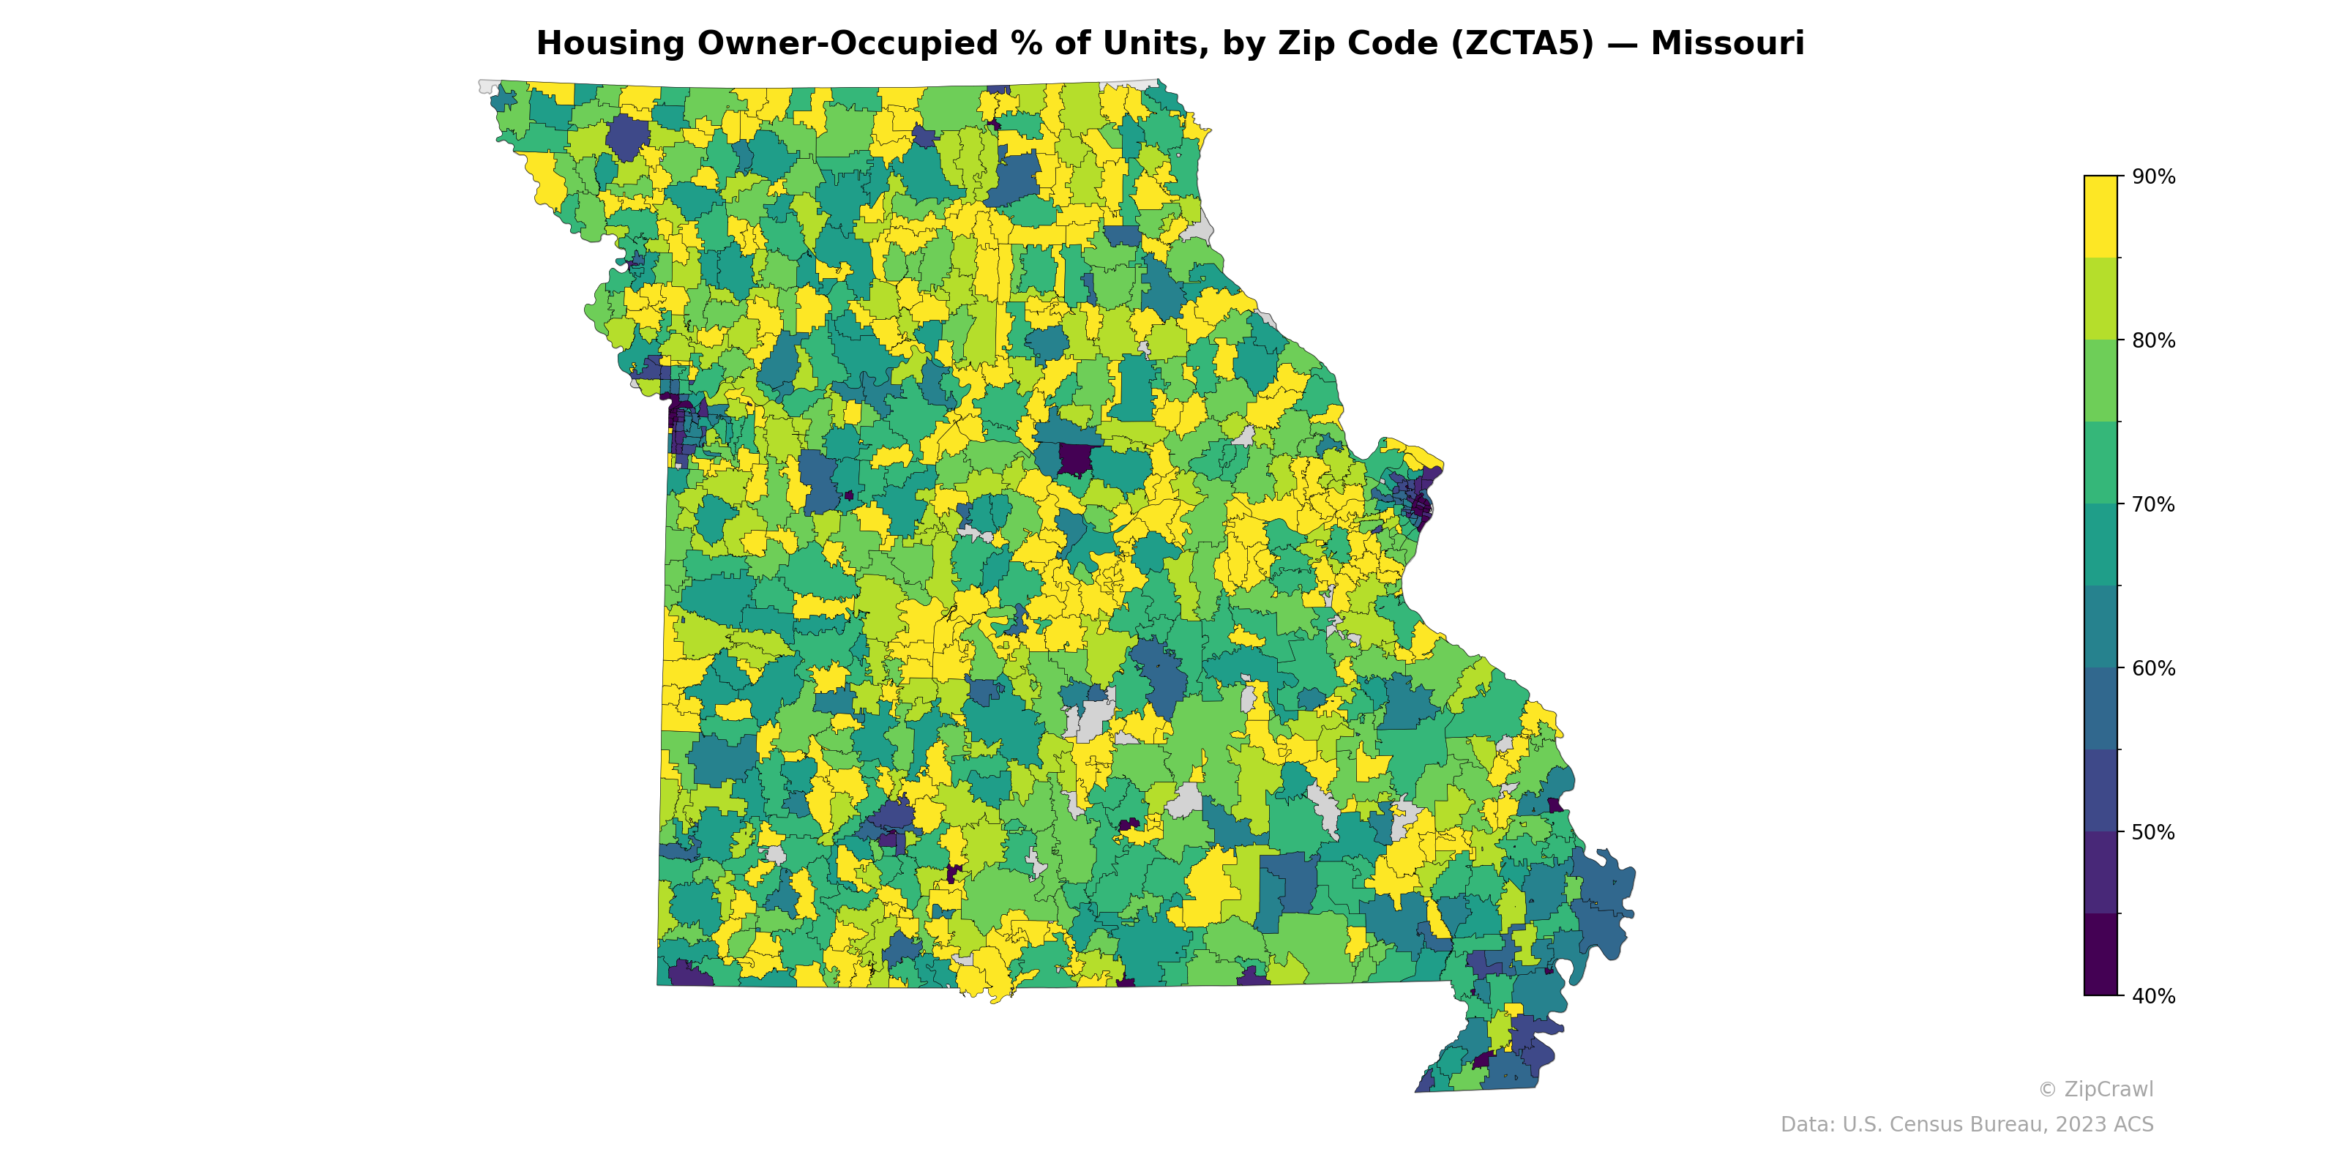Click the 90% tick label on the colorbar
coord(2153,177)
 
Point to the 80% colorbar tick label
coord(2153,341)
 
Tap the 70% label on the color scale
coord(2153,504)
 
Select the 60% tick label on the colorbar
coord(2153,668)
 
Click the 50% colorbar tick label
coord(2153,832)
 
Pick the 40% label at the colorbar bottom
coord(2153,996)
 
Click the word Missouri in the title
coord(1726,44)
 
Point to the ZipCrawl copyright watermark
coord(2095,1089)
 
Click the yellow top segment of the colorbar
coord(2100,217)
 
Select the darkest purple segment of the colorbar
coord(2100,954)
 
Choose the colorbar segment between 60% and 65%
coord(2100,626)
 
